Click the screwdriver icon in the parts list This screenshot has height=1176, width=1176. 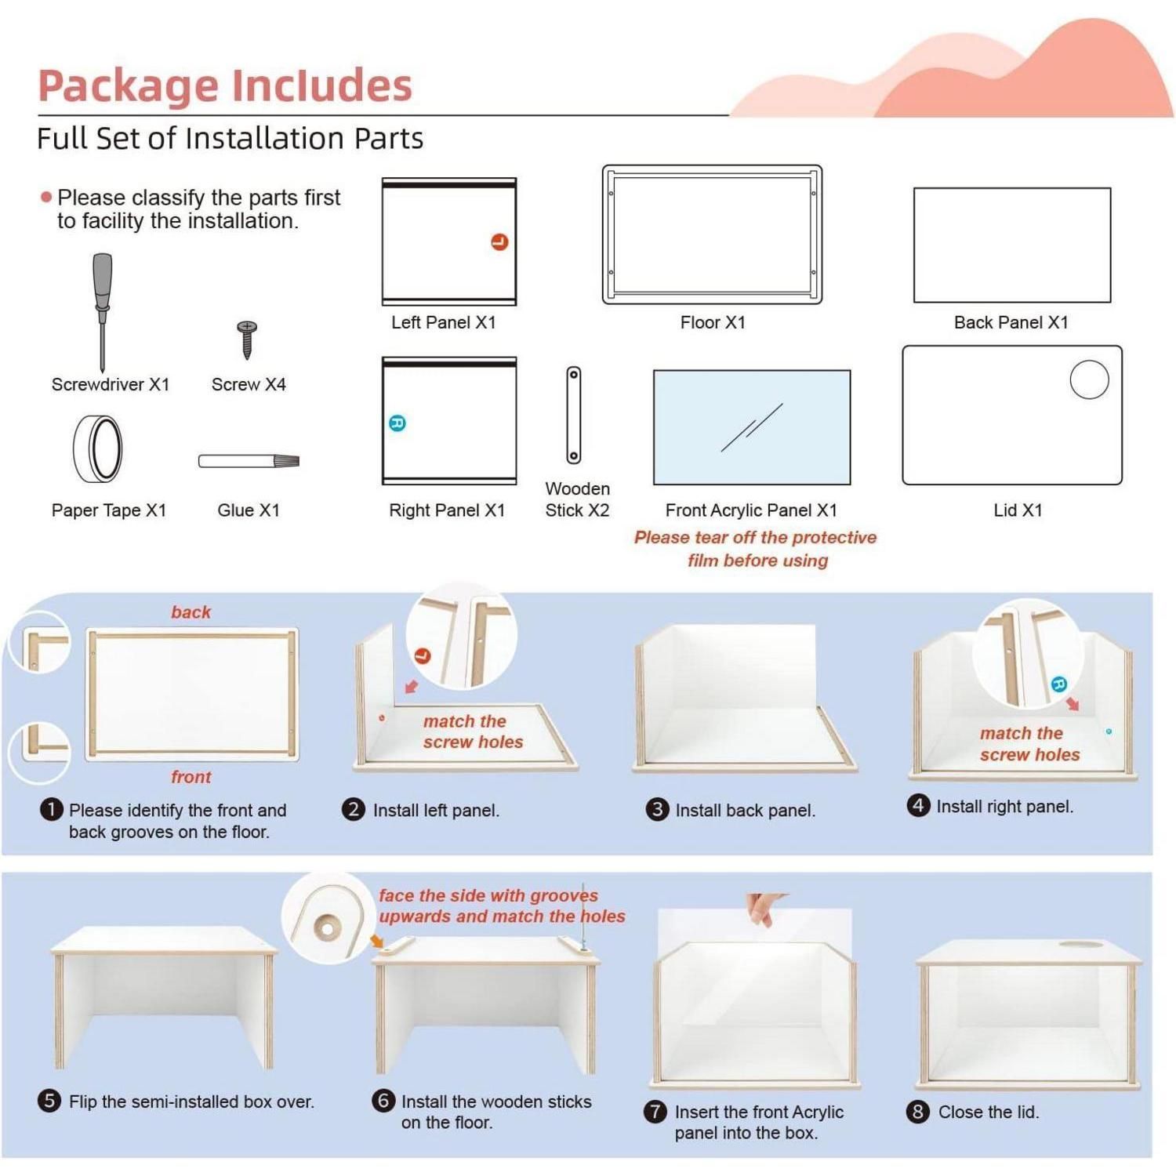pyautogui.click(x=102, y=311)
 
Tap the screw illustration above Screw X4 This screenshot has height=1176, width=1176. pyautogui.click(x=248, y=339)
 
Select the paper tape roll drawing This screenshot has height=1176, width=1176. pyautogui.click(x=98, y=449)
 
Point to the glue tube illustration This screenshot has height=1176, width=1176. pyautogui.click(x=249, y=461)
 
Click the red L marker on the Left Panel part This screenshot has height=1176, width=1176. pyautogui.click(x=499, y=242)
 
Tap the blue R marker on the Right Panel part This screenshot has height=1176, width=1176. pyautogui.click(x=397, y=423)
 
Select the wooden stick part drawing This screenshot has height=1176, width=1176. pyautogui.click(x=574, y=415)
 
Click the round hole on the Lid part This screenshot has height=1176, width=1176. pyautogui.click(x=1089, y=379)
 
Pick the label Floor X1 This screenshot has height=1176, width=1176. pyautogui.click(x=713, y=322)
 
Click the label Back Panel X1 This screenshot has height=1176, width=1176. pyautogui.click(x=1011, y=322)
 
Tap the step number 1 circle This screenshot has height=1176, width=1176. pyautogui.click(x=51, y=809)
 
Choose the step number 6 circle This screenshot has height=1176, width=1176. pyautogui.click(x=383, y=1100)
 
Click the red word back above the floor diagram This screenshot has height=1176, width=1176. pyautogui.click(x=191, y=612)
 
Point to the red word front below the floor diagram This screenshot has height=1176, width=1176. pyautogui.click(x=191, y=777)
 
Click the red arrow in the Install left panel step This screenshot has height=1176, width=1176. pyautogui.click(x=411, y=687)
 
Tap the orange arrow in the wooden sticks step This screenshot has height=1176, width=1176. pyautogui.click(x=377, y=940)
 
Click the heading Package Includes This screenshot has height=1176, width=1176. pyautogui.click(x=225, y=85)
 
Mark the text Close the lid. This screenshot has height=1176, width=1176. pyautogui.click(x=989, y=1112)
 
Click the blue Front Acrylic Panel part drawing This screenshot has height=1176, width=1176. pyautogui.click(x=752, y=427)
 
